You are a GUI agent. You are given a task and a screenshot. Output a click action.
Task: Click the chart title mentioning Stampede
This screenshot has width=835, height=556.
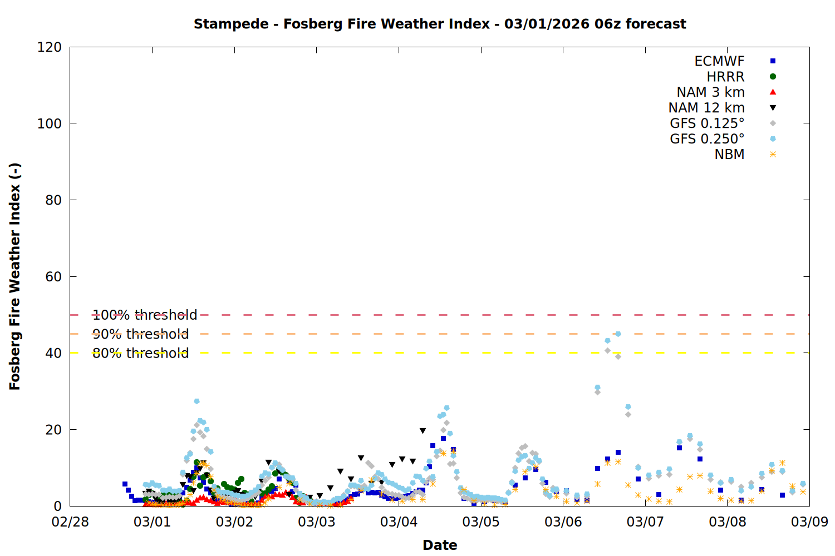(440, 24)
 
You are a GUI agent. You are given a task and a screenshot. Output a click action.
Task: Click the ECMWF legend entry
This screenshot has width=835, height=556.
(719, 61)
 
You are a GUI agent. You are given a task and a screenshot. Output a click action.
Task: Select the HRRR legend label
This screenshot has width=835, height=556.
(725, 77)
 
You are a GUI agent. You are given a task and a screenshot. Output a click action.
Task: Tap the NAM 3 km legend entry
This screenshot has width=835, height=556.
(710, 92)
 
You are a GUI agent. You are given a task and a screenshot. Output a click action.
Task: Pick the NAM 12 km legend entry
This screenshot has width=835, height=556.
(706, 108)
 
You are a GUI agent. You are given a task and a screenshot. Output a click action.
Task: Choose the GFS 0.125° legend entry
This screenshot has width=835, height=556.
(707, 123)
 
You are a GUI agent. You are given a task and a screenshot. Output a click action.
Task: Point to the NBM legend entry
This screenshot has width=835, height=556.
(729, 155)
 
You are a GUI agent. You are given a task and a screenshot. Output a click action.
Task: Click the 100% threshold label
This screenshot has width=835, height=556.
(145, 315)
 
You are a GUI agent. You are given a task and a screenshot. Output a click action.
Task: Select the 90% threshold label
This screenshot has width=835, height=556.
(140, 334)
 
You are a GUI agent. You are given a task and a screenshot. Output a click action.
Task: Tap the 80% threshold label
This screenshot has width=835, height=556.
(140, 353)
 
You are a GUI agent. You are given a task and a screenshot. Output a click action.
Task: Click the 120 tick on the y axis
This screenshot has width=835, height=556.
(50, 47)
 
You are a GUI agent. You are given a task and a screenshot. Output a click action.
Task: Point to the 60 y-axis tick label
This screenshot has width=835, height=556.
(53, 277)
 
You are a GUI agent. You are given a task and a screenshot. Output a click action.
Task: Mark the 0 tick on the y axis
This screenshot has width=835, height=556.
(57, 506)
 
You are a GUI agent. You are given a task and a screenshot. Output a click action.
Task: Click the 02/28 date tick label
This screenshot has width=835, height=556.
(70, 522)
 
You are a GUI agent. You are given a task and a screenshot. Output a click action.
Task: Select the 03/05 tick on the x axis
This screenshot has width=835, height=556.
(481, 522)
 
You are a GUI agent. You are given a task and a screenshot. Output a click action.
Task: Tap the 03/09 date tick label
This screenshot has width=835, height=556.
(809, 522)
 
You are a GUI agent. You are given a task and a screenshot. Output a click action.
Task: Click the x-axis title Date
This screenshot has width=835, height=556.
(440, 545)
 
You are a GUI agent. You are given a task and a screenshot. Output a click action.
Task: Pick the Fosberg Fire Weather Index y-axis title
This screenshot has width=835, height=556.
(15, 276)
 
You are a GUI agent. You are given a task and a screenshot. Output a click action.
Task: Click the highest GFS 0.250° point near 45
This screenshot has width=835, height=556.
(618, 334)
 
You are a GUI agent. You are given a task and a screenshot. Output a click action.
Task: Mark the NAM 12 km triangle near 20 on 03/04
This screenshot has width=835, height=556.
(423, 431)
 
